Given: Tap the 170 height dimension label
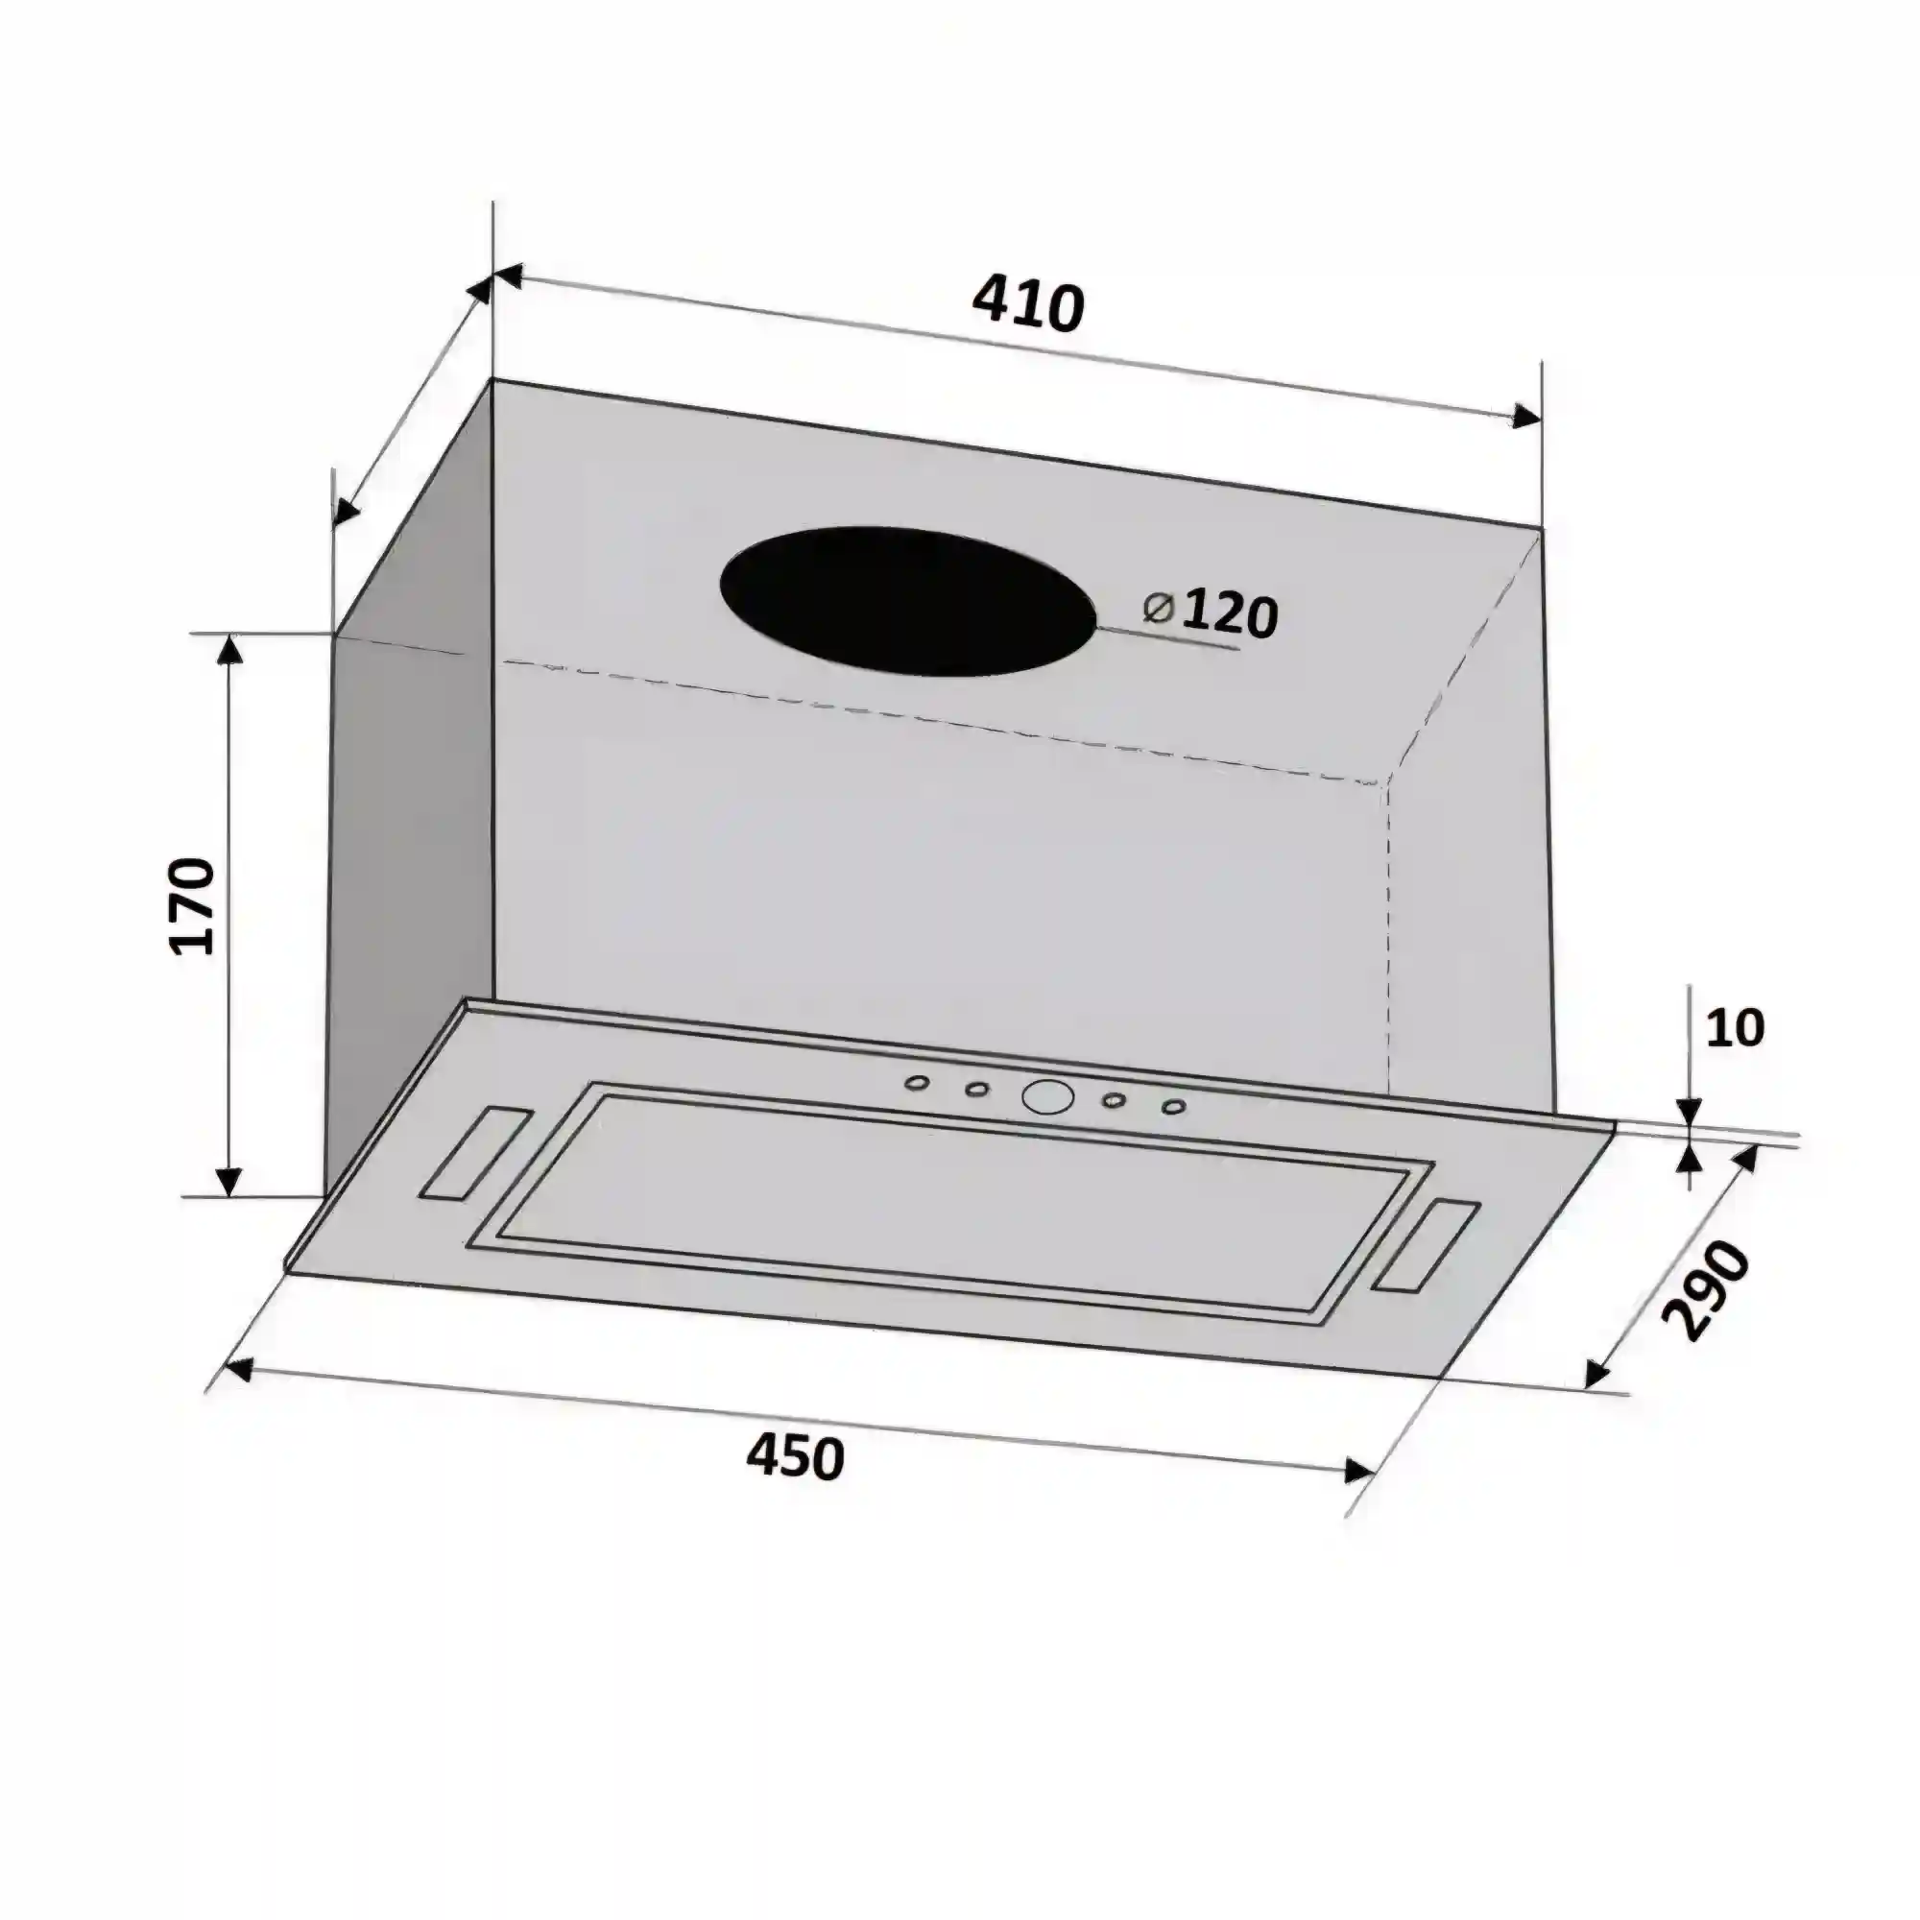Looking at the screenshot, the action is [x=192, y=905].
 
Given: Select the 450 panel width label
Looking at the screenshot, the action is [x=795, y=1458].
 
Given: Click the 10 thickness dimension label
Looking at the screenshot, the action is [x=1735, y=1027].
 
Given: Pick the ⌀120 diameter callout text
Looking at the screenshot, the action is [x=1209, y=613].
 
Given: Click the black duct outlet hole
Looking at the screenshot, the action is [x=906, y=601].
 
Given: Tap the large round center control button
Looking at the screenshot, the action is [x=1047, y=1096].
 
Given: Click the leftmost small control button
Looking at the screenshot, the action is [x=917, y=1083].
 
